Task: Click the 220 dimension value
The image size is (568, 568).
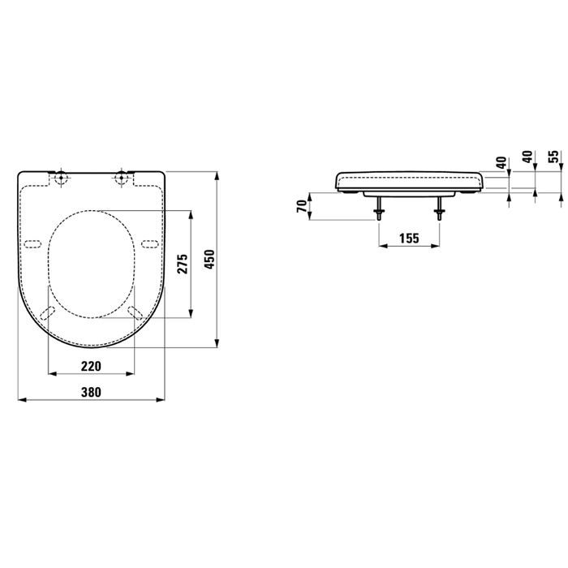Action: tap(91, 366)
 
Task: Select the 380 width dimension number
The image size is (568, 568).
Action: tap(91, 392)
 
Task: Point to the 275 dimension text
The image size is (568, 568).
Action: tap(183, 264)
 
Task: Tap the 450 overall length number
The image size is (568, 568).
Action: tap(209, 259)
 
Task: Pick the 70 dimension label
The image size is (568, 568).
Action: tap(302, 206)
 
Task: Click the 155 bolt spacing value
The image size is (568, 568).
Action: tap(409, 239)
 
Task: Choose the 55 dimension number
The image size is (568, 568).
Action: tap(554, 157)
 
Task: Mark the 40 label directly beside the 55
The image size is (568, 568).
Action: tap(528, 157)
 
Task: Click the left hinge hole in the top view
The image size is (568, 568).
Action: tap(62, 178)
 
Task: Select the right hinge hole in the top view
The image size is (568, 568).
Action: tap(121, 178)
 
